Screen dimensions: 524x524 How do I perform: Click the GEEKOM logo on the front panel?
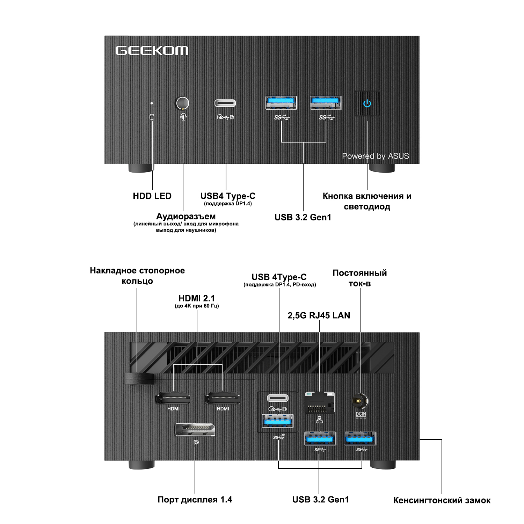click(152, 51)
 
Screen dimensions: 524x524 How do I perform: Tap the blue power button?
click(367, 103)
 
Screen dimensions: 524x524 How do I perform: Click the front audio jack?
click(182, 103)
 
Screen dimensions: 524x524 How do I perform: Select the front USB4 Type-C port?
click(225, 103)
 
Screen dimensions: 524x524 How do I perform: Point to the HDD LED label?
click(152, 196)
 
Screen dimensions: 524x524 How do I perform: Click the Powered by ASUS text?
click(376, 156)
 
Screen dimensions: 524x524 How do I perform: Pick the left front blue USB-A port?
click(282, 103)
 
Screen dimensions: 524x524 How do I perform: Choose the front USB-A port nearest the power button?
click(326, 103)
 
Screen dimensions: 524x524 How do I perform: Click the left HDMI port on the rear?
click(173, 398)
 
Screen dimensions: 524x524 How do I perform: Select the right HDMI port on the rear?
click(223, 398)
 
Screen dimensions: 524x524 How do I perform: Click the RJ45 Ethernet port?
click(320, 403)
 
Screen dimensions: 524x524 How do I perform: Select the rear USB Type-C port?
click(278, 398)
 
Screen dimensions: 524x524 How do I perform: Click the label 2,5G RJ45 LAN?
click(319, 315)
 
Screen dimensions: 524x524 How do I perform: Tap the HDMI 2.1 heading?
click(197, 298)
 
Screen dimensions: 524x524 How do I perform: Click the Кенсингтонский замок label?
click(442, 501)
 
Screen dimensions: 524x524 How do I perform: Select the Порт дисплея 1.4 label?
click(195, 500)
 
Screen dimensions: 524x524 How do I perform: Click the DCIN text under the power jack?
click(361, 414)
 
